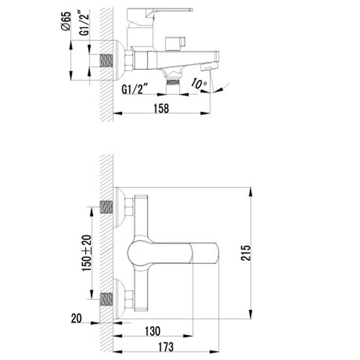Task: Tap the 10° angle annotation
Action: point(200,83)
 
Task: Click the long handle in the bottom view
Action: point(175,253)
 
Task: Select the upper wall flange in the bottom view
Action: point(119,207)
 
